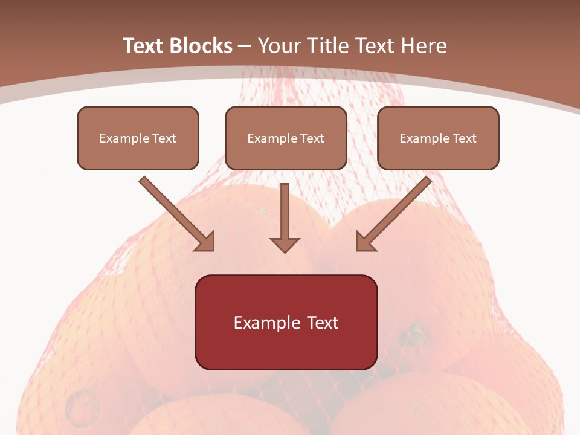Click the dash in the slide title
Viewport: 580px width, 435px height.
pos(245,47)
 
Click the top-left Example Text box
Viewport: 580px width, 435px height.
pos(138,138)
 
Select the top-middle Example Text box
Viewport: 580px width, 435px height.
pos(286,138)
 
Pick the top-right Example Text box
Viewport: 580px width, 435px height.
pos(438,138)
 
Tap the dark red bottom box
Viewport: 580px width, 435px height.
pos(286,323)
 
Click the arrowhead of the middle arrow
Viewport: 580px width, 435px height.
pos(285,244)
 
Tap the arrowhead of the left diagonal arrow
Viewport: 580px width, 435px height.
pos(205,242)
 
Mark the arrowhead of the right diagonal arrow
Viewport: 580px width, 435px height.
pos(364,242)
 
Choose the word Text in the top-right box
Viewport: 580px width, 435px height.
pos(465,138)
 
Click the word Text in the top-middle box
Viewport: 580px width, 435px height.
pos(312,138)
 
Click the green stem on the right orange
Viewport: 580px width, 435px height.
pos(416,330)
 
